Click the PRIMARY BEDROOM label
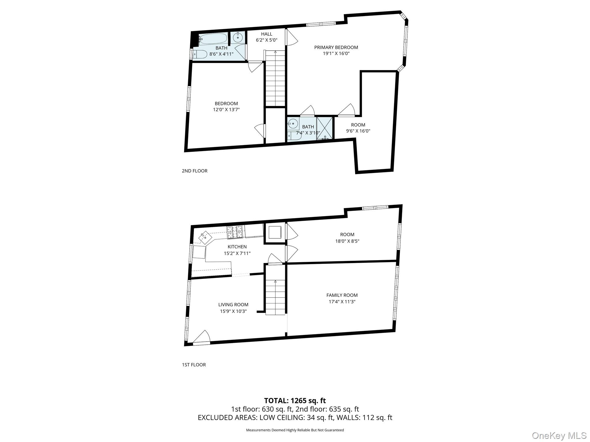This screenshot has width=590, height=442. point(336,47)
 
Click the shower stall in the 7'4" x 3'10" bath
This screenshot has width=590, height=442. point(325,128)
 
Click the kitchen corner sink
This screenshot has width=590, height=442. point(205,237)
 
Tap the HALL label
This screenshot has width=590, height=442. point(266,34)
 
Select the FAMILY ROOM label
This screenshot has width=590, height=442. point(342,295)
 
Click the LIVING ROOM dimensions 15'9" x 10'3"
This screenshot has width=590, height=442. point(233,311)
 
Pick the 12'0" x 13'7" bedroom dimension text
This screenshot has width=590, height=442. point(226,110)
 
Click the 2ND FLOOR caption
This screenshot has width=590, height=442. point(194,171)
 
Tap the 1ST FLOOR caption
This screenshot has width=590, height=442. point(194,365)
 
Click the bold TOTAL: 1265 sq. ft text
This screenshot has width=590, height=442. point(295,401)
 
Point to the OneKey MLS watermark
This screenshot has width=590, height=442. point(559,435)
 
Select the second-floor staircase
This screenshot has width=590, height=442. point(275,79)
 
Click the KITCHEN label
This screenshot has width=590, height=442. point(237,247)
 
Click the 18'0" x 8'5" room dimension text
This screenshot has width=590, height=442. point(347,241)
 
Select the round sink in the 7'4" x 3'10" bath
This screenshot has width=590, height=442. point(293,123)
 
